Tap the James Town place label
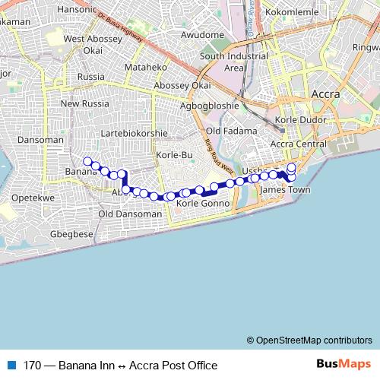click(x=286, y=189)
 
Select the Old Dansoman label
click(x=130, y=214)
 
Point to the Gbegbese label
click(x=70, y=234)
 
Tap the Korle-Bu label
click(x=171, y=155)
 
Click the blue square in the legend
click(x=11, y=366)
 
